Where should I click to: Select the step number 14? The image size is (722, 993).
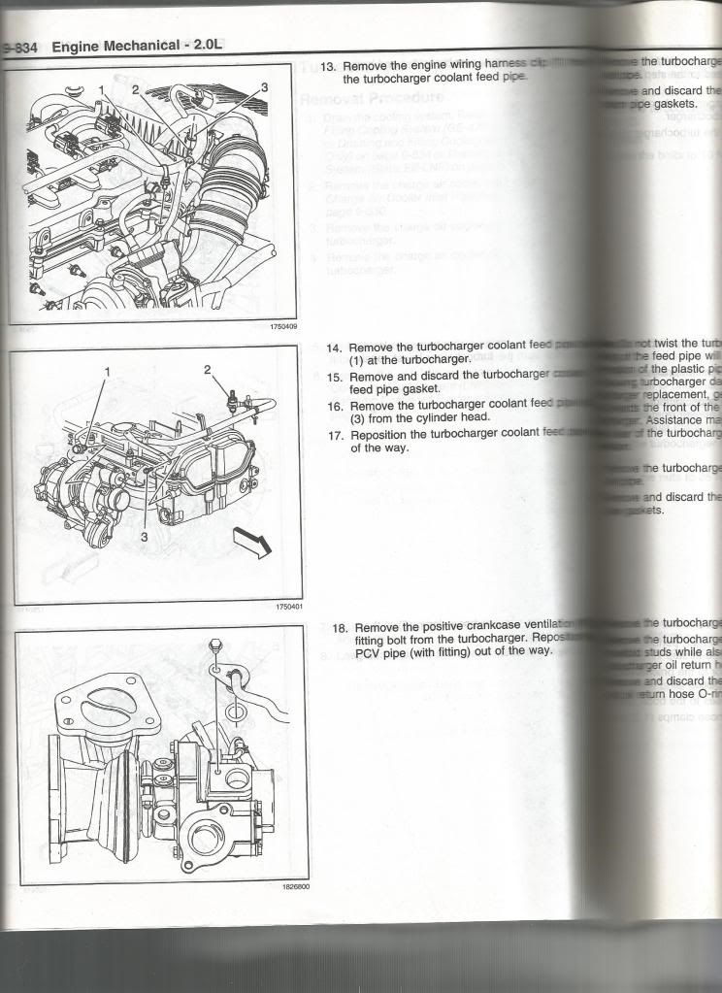(x=334, y=347)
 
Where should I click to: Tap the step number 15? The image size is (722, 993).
(x=334, y=376)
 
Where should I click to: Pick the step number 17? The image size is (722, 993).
(x=334, y=435)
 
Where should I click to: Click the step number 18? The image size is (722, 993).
(x=340, y=628)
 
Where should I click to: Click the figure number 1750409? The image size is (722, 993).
(x=283, y=327)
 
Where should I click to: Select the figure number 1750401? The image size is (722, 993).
(x=289, y=607)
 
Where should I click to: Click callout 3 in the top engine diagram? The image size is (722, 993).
(x=264, y=87)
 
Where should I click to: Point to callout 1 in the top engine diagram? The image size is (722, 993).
(x=101, y=89)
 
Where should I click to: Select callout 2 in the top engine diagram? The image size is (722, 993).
(x=135, y=88)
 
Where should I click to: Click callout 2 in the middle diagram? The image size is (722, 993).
(x=207, y=369)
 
